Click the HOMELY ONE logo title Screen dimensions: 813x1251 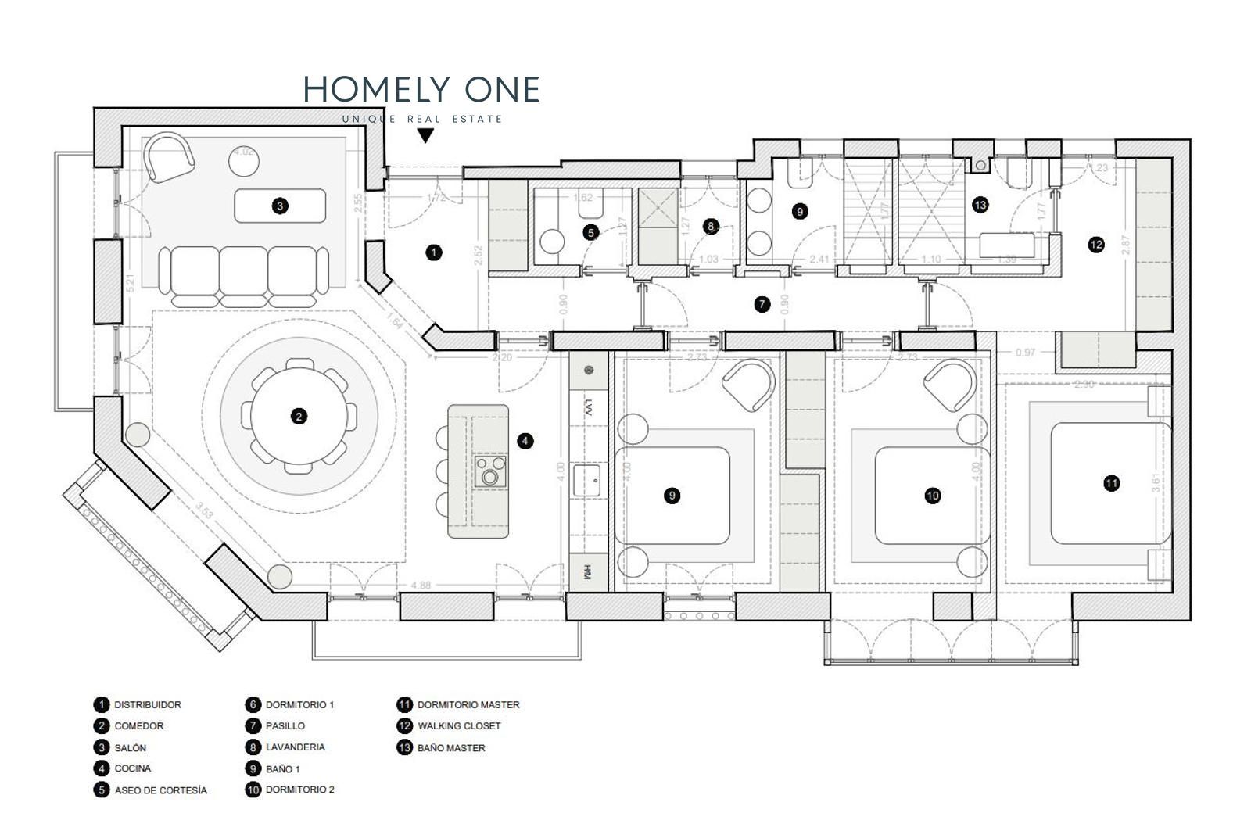[421, 90]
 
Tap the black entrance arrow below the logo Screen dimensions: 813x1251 [425, 135]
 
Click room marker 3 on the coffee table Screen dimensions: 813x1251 [280, 206]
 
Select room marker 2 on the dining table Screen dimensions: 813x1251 [299, 417]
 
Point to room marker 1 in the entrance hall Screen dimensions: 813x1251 [433, 252]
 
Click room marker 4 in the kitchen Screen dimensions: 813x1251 [525, 441]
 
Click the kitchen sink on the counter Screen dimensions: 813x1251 [586, 478]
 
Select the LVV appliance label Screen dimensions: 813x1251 [586, 406]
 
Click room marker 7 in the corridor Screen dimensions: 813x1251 [762, 304]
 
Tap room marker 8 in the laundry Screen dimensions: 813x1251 [710, 227]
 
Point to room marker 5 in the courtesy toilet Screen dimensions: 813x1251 [590, 232]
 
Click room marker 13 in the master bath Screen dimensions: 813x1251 [980, 205]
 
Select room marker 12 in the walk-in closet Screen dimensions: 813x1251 [1096, 245]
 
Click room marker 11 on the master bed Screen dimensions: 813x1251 [1111, 483]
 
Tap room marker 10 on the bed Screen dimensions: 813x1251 [932, 496]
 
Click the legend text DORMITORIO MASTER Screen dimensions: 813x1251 [468, 704]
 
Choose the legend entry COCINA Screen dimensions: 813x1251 [133, 768]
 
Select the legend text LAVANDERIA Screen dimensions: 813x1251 [295, 747]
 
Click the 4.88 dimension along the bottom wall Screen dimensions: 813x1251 [421, 585]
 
